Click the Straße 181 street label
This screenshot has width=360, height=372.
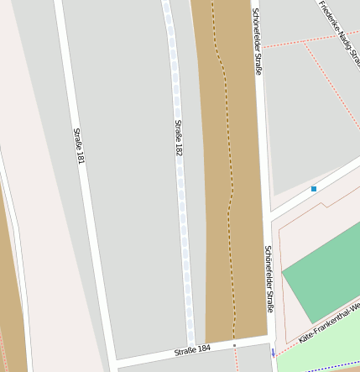(x=79, y=145)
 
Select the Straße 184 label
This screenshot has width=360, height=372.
(x=192, y=348)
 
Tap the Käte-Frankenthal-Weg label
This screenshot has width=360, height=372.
(x=329, y=323)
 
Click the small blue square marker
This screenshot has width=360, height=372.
(x=314, y=189)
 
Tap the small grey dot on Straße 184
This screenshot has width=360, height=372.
(x=234, y=345)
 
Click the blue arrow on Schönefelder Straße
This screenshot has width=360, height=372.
(x=273, y=353)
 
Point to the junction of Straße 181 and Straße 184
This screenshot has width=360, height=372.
(x=111, y=360)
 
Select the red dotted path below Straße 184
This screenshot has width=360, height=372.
(x=238, y=361)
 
